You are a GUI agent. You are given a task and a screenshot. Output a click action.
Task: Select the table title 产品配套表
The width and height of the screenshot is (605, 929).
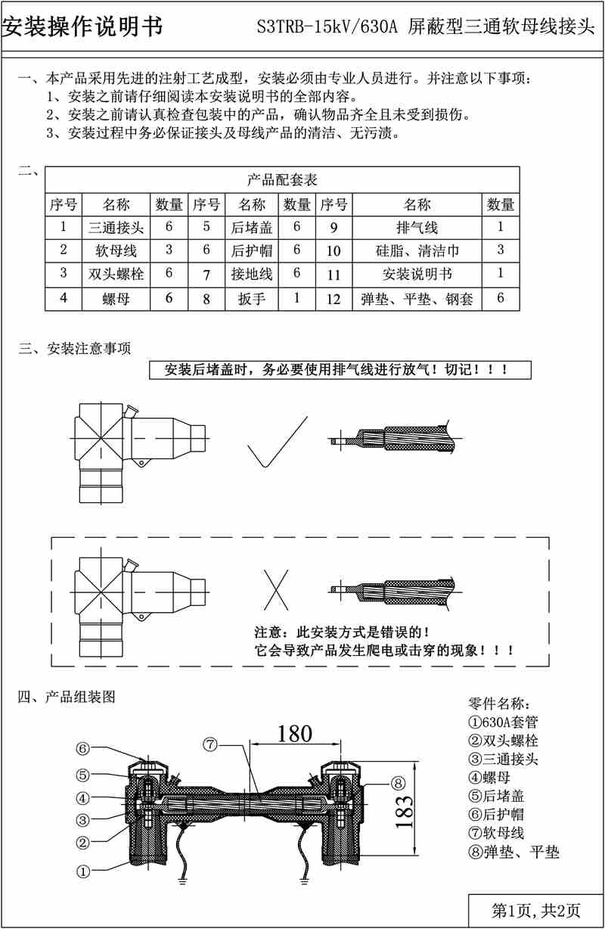point(282,180)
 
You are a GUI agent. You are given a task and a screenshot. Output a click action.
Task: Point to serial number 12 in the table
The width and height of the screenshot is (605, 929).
point(334,299)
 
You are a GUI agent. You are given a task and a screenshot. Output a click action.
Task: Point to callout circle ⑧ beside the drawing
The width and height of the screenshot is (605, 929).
point(399,782)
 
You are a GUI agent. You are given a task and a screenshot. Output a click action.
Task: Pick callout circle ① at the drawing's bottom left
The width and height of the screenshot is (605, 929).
point(83,871)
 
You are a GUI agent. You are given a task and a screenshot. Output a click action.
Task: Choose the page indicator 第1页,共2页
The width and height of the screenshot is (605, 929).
point(535,909)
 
